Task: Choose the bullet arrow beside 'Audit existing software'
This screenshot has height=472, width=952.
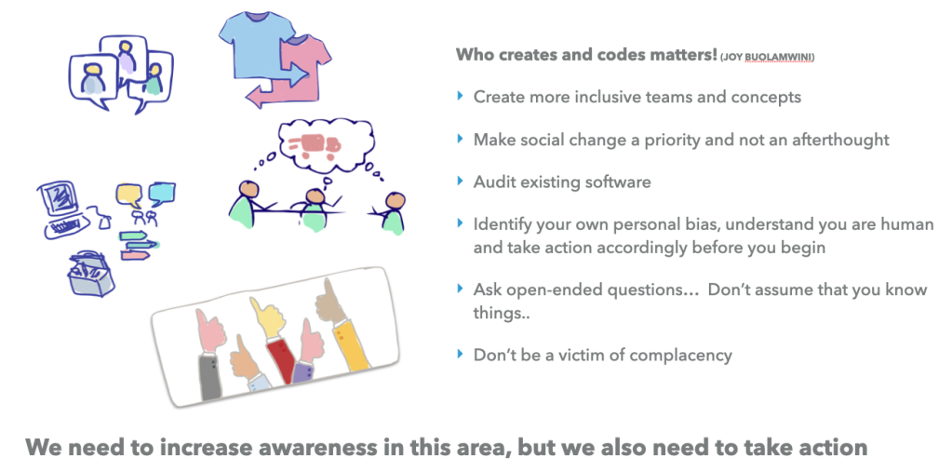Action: click(x=460, y=181)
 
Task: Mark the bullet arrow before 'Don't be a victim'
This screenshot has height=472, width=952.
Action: click(x=460, y=354)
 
